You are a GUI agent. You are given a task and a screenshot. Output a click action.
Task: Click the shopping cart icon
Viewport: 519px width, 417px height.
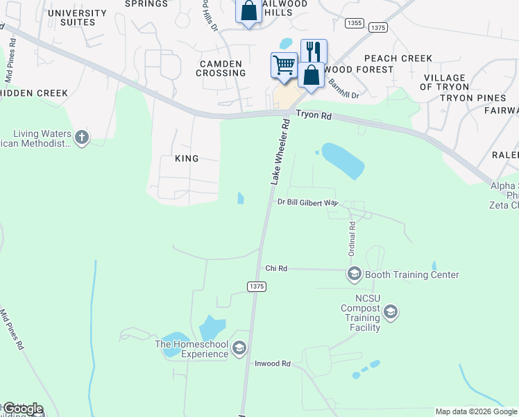pyautogui.click(x=283, y=66)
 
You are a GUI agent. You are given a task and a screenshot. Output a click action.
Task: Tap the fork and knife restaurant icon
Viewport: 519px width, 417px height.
pyautogui.click(x=314, y=51)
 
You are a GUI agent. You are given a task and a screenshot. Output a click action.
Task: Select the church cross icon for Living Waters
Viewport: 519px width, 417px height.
pyautogui.click(x=82, y=138)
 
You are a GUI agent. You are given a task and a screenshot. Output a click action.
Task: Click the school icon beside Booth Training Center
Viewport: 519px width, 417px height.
pyautogui.click(x=355, y=275)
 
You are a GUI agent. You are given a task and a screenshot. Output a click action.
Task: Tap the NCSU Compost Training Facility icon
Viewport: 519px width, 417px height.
pyautogui.click(x=391, y=312)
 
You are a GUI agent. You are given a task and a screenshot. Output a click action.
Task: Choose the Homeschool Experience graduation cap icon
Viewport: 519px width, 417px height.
pyautogui.click(x=239, y=348)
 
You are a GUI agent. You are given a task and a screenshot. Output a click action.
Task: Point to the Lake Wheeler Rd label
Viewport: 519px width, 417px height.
pyautogui.click(x=279, y=151)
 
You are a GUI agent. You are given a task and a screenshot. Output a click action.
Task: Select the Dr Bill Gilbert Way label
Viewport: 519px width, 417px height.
pyautogui.click(x=307, y=203)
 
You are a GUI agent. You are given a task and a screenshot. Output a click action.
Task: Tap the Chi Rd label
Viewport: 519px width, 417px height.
pyautogui.click(x=276, y=268)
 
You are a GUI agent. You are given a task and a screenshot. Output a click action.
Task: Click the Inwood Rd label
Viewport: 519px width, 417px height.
pyautogui.click(x=272, y=363)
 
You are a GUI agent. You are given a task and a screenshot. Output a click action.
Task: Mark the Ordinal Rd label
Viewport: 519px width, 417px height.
pyautogui.click(x=352, y=236)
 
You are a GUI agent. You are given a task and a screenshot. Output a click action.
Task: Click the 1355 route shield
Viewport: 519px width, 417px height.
pyautogui.click(x=354, y=24)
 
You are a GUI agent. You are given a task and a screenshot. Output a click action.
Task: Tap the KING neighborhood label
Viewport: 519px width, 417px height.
pyautogui.click(x=187, y=158)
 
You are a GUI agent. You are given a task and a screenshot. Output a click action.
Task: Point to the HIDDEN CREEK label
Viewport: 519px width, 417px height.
pyautogui.click(x=34, y=93)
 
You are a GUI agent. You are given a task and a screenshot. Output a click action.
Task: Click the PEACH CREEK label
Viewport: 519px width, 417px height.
pyautogui.click(x=398, y=58)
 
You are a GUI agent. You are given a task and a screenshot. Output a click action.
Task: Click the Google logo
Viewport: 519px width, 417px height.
pyautogui.click(x=22, y=408)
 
